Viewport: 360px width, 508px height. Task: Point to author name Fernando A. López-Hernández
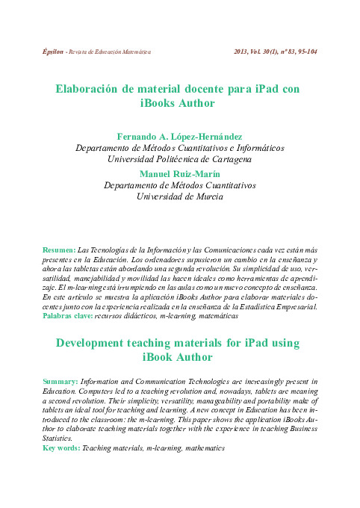point(179,137)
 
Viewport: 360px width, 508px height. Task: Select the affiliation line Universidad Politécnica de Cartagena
point(179,159)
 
